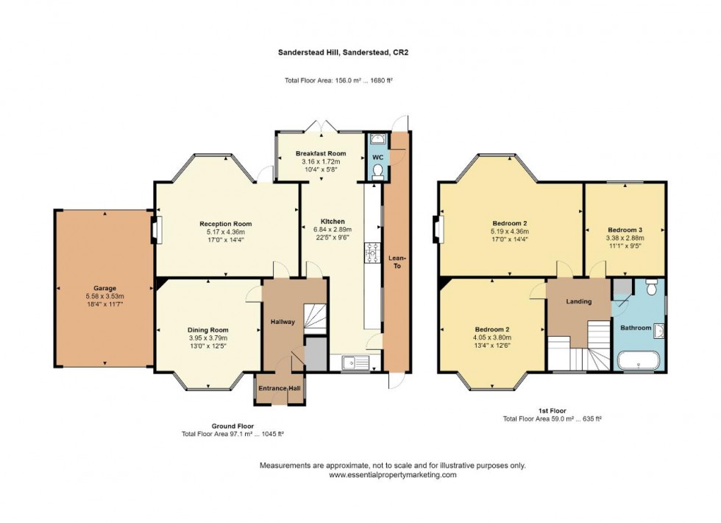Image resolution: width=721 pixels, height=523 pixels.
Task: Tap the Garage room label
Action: pos(104,288)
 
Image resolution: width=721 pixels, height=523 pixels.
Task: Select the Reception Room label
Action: pos(226,224)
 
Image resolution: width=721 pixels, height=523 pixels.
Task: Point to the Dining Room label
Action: pos(208,330)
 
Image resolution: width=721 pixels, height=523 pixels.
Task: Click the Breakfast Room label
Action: pos(321,153)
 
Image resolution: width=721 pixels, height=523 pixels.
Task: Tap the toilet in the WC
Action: pos(377,171)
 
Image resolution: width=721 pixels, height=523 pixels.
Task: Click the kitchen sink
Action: pos(355,361)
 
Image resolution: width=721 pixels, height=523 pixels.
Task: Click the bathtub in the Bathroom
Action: pos(637,360)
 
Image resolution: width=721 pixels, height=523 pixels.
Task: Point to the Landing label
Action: pos(578,301)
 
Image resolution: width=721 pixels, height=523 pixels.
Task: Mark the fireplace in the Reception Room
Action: pos(156,230)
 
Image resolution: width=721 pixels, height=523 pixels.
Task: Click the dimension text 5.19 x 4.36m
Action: pos(510,231)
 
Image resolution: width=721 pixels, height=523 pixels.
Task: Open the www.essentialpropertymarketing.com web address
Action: pos(392,475)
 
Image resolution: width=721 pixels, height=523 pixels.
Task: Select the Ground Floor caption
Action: pos(232,426)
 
